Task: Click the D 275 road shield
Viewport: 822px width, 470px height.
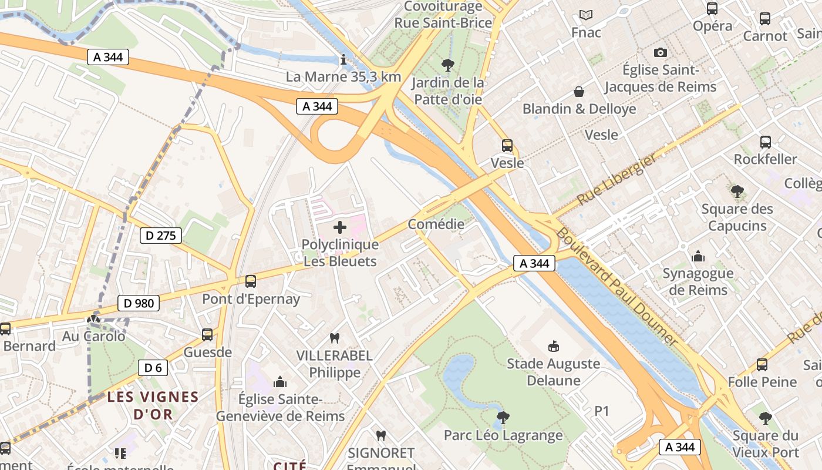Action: click(x=161, y=236)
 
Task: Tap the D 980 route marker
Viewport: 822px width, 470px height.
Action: click(x=139, y=303)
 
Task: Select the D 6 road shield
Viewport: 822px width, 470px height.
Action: click(x=153, y=368)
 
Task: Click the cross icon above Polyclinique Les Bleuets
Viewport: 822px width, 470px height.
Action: click(x=340, y=227)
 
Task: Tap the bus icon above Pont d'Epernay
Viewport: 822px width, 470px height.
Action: click(x=251, y=281)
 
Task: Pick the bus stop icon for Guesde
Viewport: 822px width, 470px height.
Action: click(x=207, y=335)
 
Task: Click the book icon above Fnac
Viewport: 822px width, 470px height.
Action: click(x=586, y=15)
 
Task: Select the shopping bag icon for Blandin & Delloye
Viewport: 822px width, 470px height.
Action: click(x=579, y=92)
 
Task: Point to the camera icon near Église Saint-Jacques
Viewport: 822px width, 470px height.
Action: click(x=661, y=53)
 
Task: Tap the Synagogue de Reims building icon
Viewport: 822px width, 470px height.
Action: click(x=698, y=256)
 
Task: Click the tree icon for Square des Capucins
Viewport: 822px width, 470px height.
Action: click(x=737, y=191)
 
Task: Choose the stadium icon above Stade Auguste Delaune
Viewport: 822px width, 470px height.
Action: click(x=553, y=346)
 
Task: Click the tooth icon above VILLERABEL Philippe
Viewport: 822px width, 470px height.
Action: click(x=335, y=338)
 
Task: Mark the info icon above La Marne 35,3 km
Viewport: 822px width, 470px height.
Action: click(x=343, y=59)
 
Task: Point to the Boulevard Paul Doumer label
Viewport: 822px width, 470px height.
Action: click(x=616, y=286)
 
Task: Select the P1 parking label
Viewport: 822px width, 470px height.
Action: click(x=602, y=411)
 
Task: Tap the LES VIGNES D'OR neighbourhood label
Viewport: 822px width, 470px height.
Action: click(x=153, y=405)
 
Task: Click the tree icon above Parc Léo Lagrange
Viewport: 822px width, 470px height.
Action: click(x=503, y=418)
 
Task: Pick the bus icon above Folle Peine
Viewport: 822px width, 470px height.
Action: click(x=762, y=365)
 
